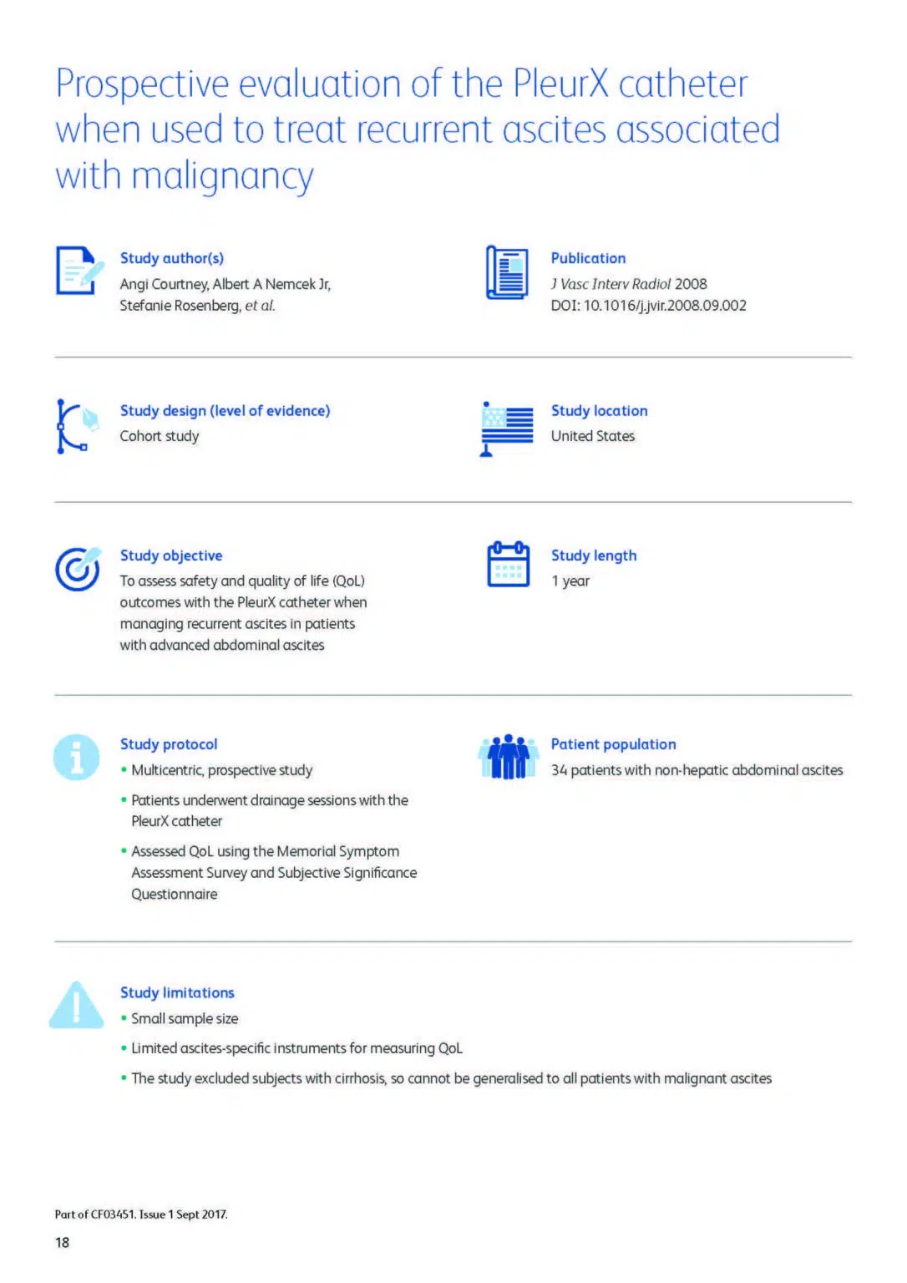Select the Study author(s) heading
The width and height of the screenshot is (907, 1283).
(172, 258)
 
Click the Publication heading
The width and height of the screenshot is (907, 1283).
(588, 258)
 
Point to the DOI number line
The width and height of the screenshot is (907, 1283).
(648, 306)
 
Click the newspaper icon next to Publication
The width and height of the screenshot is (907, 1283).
(508, 272)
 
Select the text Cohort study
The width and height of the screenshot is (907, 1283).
(160, 436)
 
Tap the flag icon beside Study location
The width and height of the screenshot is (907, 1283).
(507, 428)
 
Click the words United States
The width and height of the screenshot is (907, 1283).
(593, 436)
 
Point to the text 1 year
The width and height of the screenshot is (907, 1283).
(570, 581)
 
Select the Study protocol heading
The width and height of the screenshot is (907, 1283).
(169, 744)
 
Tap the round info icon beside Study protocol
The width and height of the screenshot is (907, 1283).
(77, 757)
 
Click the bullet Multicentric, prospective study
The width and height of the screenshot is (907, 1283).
(221, 770)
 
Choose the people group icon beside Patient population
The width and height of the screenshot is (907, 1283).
(508, 757)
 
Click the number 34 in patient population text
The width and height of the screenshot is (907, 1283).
(559, 770)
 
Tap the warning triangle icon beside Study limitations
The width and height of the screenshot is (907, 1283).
(76, 1005)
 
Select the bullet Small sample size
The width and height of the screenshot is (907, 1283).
(185, 1019)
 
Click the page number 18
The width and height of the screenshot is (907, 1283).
(63, 1242)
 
